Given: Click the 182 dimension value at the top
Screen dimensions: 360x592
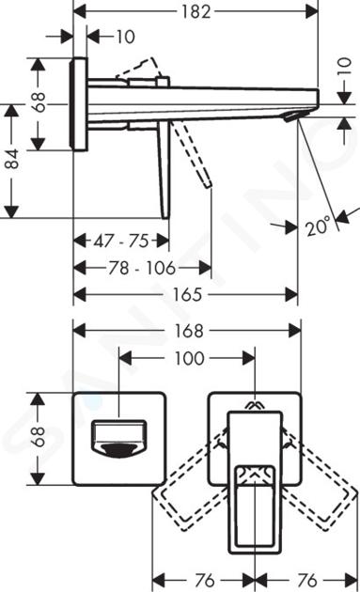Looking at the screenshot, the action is click(x=196, y=11).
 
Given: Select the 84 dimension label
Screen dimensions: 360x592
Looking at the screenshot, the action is click(x=12, y=159).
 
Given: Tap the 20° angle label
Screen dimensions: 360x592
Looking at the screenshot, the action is click(x=319, y=226).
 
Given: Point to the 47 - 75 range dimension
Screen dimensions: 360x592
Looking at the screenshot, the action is click(x=121, y=241).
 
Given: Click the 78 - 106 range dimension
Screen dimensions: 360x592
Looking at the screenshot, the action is click(x=142, y=268).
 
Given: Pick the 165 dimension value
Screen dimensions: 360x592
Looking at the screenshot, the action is click(x=188, y=295).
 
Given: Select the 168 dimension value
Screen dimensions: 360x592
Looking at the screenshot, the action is click(x=189, y=331).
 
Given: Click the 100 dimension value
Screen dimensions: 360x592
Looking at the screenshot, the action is click(x=189, y=358).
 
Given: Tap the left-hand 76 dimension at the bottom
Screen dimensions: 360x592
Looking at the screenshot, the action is click(x=204, y=580).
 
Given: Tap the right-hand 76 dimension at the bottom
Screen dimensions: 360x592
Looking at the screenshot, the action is click(x=306, y=580).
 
